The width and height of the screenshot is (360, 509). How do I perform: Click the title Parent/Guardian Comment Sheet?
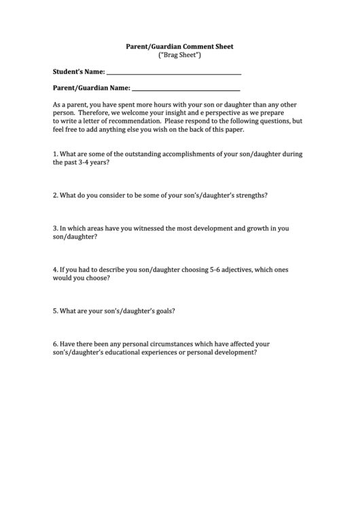tap(179, 47)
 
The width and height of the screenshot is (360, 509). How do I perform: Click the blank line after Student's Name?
tap(174, 71)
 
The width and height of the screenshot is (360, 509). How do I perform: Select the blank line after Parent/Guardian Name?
tap(185, 88)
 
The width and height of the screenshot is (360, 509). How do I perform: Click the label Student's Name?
tap(79, 71)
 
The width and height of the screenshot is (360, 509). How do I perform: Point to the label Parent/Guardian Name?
tap(91, 88)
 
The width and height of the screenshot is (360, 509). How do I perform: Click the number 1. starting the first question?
tap(55, 154)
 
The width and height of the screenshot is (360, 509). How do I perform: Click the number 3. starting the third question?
tap(55, 228)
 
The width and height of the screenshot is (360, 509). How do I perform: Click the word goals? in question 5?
tap(162, 311)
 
